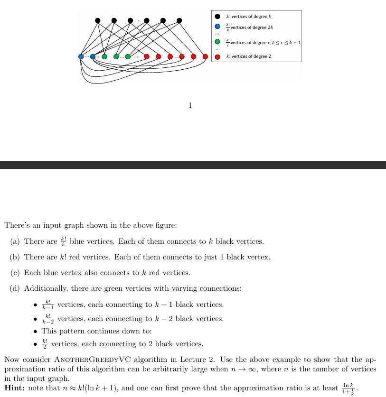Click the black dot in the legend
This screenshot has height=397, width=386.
(x=217, y=17)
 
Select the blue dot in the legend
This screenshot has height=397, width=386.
(x=217, y=27)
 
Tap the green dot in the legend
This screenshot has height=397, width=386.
(x=217, y=42)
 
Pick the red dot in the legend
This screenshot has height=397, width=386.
(x=217, y=56)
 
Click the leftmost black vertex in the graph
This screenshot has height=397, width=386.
(x=98, y=20)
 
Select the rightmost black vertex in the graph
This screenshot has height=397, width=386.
(x=179, y=20)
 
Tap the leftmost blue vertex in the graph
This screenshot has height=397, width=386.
(x=81, y=56)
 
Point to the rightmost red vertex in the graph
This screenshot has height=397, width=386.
(x=205, y=56)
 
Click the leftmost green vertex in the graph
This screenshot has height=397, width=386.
(x=104, y=56)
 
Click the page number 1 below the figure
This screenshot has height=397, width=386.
(x=190, y=105)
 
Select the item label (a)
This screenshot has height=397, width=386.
(x=15, y=241)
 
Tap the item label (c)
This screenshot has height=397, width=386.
(x=15, y=273)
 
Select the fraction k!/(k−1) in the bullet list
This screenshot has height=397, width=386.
(x=47, y=305)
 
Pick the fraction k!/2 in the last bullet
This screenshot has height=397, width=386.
(x=45, y=343)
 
